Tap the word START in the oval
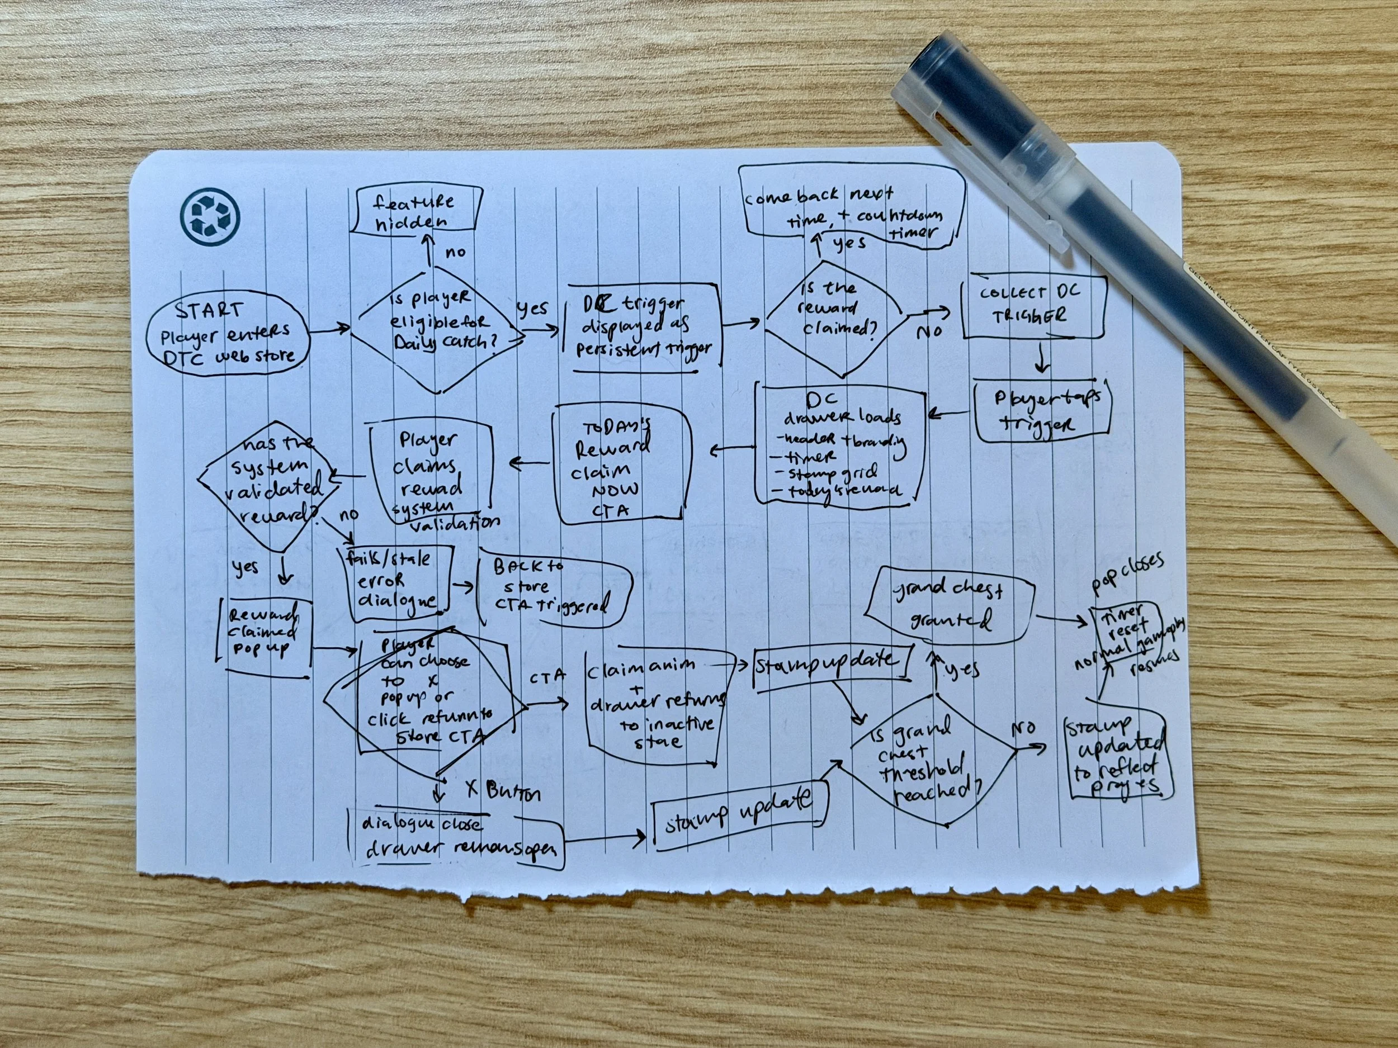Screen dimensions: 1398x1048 tap(209, 311)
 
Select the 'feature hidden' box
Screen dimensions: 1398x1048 tap(415, 212)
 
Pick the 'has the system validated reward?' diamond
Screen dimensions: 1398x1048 tap(268, 483)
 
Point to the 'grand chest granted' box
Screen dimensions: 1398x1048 tap(950, 605)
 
